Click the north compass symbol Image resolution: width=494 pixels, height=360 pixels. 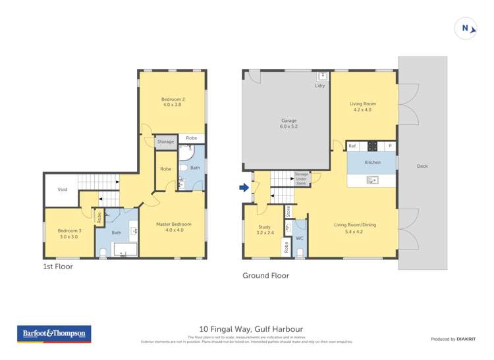[466, 28]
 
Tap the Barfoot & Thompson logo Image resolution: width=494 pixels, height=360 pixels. [54, 334]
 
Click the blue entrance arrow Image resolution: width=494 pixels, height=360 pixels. [244, 188]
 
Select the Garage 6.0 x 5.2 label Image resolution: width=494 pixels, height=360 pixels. [289, 124]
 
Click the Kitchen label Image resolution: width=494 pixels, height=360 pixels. [372, 162]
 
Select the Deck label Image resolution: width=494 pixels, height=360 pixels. [422, 167]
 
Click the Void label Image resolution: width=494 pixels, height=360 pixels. [63, 190]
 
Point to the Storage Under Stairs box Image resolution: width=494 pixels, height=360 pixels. [302, 178]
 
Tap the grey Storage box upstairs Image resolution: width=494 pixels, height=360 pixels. [165, 141]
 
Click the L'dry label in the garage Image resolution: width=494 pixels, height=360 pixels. [320, 86]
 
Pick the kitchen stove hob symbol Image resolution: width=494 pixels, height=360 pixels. [372, 146]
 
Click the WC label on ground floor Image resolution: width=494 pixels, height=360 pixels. [299, 238]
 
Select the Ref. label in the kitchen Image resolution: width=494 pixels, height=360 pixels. [352, 146]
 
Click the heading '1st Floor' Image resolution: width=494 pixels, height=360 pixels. [58, 267]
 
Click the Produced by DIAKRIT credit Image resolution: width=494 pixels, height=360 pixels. [453, 339]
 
